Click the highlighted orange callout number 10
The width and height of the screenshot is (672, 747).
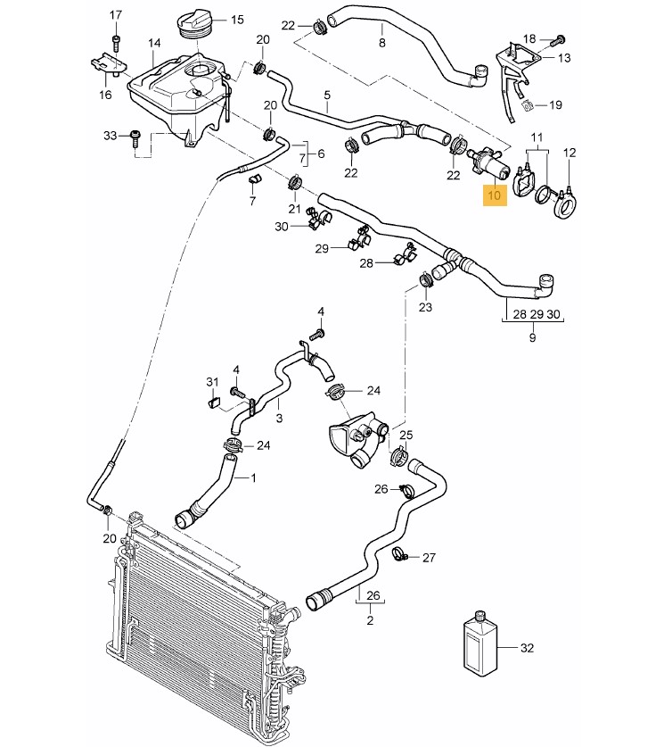click(x=496, y=193)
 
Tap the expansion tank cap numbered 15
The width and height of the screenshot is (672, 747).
click(x=197, y=21)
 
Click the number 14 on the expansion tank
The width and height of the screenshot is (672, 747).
click(x=154, y=43)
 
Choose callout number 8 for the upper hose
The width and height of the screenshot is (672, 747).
click(x=381, y=42)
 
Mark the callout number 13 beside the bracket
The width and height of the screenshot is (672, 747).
click(x=563, y=58)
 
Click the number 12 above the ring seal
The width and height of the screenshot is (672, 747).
click(x=570, y=153)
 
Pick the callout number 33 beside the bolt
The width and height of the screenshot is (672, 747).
click(x=110, y=136)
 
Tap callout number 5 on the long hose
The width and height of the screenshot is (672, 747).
click(x=327, y=95)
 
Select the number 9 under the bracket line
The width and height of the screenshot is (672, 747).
click(x=532, y=337)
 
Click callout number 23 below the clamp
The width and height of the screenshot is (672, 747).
click(x=425, y=308)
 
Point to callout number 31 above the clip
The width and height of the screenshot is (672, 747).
click(x=212, y=382)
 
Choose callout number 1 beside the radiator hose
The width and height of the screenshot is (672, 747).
click(x=252, y=477)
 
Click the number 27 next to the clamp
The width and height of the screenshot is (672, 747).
click(x=429, y=558)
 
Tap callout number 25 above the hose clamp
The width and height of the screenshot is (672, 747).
click(x=406, y=435)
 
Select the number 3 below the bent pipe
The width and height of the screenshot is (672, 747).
click(x=279, y=417)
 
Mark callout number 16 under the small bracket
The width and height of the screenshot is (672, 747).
click(x=105, y=94)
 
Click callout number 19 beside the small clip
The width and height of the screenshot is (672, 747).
click(x=555, y=104)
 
